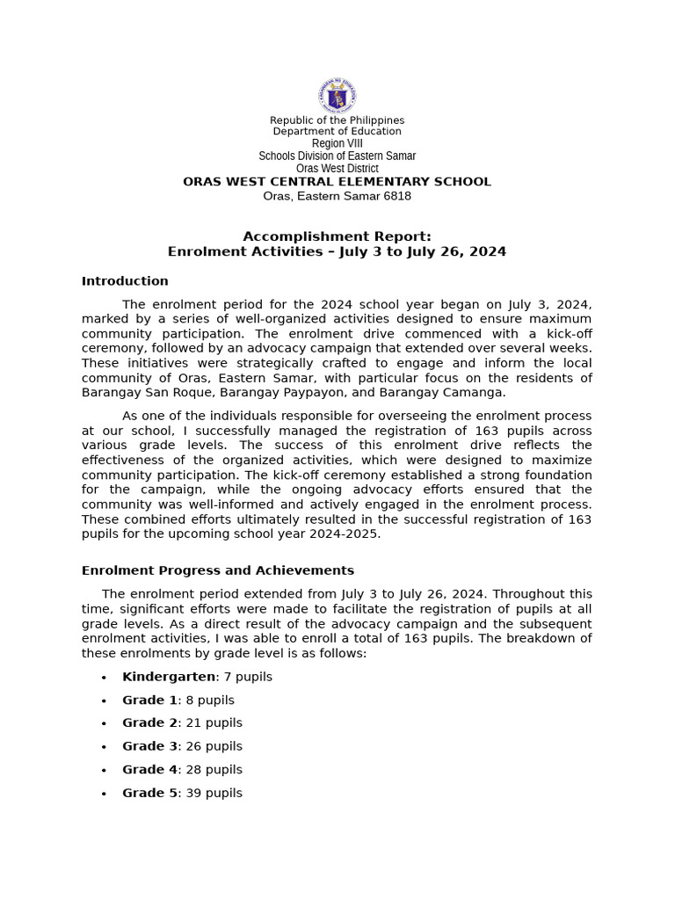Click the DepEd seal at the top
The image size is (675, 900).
click(x=337, y=95)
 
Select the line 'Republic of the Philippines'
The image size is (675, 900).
click(x=337, y=120)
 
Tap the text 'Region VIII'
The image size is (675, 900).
click(x=337, y=143)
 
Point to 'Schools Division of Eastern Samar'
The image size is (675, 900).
click(x=337, y=156)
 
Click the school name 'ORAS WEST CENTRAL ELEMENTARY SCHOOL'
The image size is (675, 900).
click(x=337, y=182)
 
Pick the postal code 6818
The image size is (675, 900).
click(x=396, y=196)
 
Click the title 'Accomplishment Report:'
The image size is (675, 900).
click(x=337, y=236)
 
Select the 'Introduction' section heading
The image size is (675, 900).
click(x=125, y=281)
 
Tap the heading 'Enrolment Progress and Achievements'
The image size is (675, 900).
click(x=217, y=570)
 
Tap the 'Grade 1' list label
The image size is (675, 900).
click(x=149, y=700)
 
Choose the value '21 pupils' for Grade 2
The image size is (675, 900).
click(x=214, y=722)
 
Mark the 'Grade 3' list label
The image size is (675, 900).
click(x=149, y=746)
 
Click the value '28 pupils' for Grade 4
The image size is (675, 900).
click(x=214, y=769)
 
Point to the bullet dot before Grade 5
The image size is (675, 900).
click(x=104, y=794)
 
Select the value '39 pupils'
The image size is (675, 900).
click(x=214, y=793)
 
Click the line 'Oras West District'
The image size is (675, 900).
click(x=337, y=168)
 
